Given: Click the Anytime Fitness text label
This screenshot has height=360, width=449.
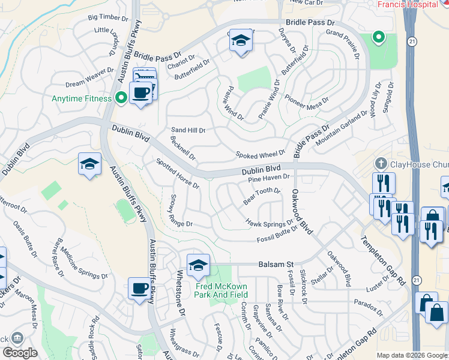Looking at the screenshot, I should pos(82,98).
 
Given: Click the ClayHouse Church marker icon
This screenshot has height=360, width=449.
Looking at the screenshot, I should pos(380,163).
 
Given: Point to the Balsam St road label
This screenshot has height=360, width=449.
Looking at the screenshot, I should pos(276,264).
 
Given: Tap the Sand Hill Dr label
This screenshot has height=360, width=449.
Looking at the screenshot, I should pos(188,130).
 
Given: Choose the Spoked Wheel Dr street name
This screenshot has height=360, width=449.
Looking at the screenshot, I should pos(260,155).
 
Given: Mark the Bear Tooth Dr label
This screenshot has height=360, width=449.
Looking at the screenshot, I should pos(262,196).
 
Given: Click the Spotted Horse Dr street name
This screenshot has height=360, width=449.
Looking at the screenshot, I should pos(177,173).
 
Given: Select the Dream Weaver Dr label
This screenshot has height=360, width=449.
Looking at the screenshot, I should pos(89,77).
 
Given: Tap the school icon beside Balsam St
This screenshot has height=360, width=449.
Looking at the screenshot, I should pos(197,264).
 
